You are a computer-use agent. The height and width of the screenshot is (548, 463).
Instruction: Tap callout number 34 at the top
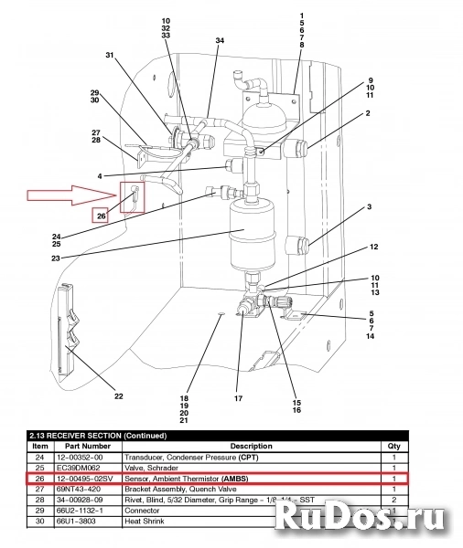tap(220, 41)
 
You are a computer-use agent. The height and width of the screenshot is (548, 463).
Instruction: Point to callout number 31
tap(110, 56)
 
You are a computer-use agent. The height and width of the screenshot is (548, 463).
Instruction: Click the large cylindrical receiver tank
tap(244, 234)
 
